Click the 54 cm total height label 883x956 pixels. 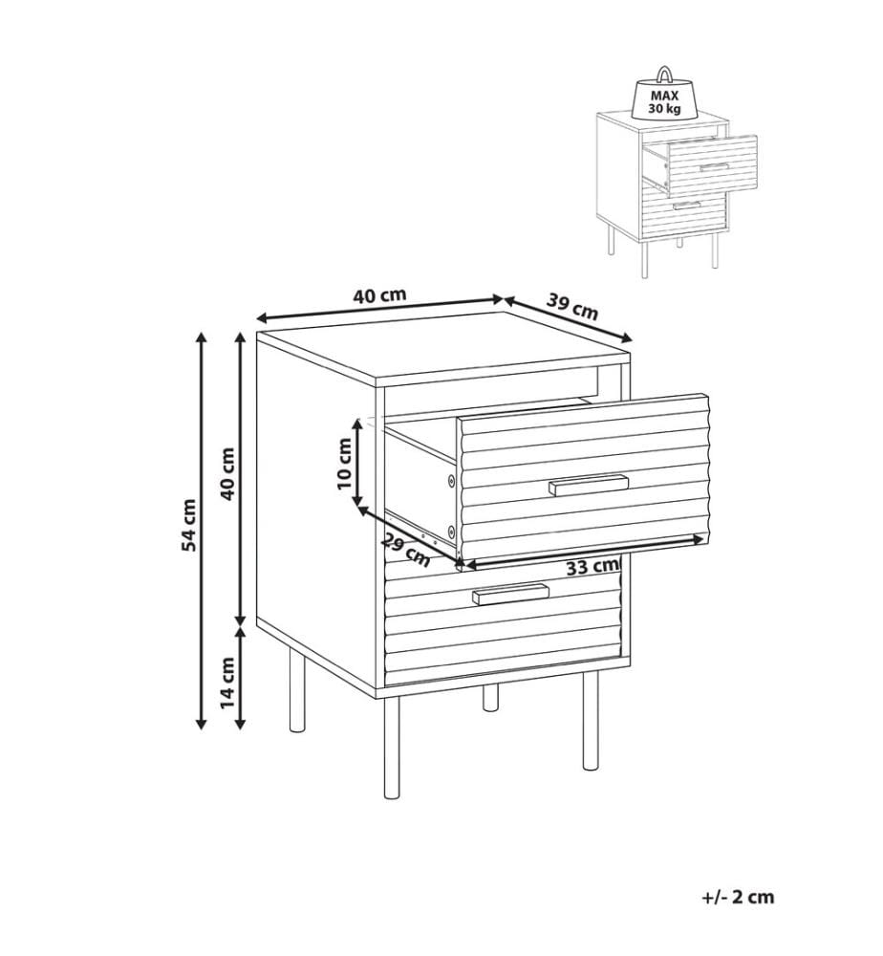(x=190, y=524)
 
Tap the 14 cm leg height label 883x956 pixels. (x=227, y=683)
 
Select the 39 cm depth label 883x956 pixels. (x=571, y=306)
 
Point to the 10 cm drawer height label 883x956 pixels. (x=345, y=464)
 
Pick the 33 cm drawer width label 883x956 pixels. (x=592, y=566)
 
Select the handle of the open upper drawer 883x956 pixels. (x=589, y=485)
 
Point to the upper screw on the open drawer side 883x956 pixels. (x=451, y=481)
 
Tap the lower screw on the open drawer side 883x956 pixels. (x=451, y=529)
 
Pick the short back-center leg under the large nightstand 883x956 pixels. (x=490, y=699)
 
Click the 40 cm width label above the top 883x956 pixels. (x=379, y=295)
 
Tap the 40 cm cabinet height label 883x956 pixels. (x=227, y=473)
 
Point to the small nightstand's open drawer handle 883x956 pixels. (x=714, y=167)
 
